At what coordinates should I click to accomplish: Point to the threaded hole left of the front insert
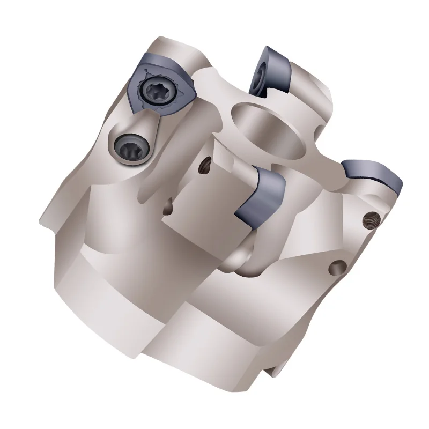(204, 168)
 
